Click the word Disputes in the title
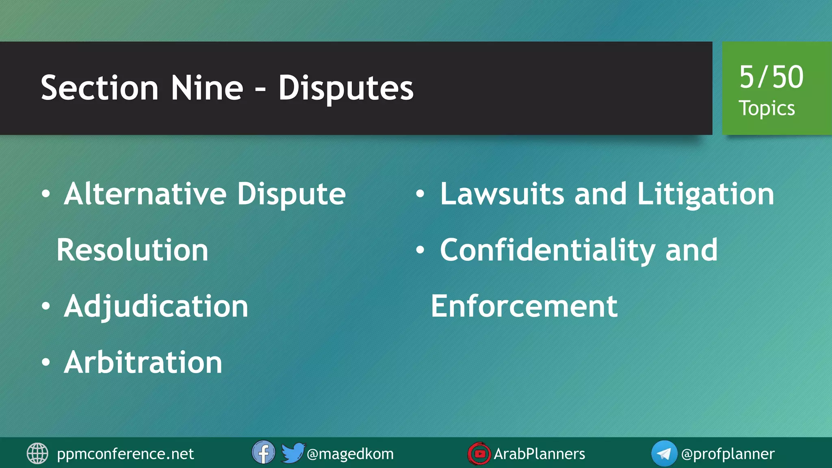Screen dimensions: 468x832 pos(346,88)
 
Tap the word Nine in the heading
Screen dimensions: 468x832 pos(207,88)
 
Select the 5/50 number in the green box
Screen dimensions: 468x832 pos(771,77)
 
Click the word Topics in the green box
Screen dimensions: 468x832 pos(767,108)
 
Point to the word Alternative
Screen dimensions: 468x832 pos(145,194)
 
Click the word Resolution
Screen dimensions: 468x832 pos(132,250)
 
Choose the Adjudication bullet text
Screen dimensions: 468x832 pos(156,306)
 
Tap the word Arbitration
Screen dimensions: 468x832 pos(143,362)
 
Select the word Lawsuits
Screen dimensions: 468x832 pos(502,194)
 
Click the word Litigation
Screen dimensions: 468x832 pos(706,194)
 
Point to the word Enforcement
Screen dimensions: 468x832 pos(524,306)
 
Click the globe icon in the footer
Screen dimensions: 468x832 pos(37,453)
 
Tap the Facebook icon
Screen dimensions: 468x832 pos(263,453)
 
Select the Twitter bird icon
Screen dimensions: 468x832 pos(292,453)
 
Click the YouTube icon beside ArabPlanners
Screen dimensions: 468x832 pos(479,453)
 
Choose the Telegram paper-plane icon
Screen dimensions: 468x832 pos(664,453)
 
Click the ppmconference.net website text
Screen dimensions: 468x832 pos(125,454)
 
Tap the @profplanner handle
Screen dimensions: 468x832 pos(728,454)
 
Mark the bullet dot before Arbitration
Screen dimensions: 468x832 pos(46,362)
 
